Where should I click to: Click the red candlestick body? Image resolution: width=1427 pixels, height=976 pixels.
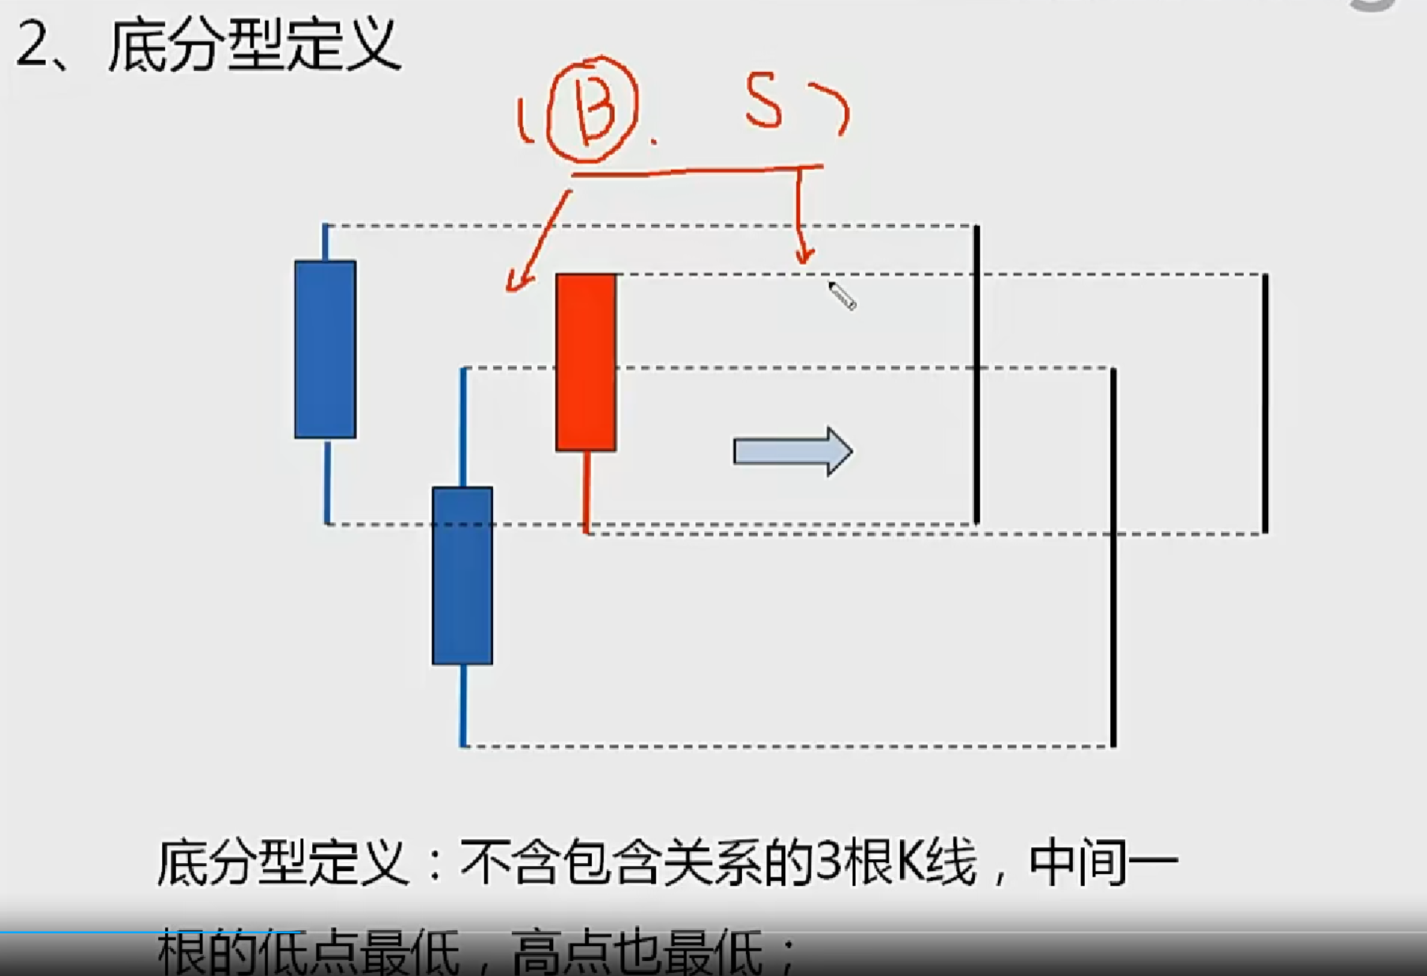[x=585, y=362]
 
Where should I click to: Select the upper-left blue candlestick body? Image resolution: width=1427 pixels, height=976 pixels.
[x=325, y=349]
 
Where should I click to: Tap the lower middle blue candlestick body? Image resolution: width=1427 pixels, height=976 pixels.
[x=462, y=575]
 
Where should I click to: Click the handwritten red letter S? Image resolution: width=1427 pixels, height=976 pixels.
[x=763, y=102]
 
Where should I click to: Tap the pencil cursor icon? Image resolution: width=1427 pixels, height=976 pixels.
[x=842, y=296]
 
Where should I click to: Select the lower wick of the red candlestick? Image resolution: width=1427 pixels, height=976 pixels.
[x=586, y=490]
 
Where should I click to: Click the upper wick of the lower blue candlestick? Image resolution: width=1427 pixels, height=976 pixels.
[x=463, y=427]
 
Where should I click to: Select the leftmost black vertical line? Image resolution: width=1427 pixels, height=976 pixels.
[x=977, y=374]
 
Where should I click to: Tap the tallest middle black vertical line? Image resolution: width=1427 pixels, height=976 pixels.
[x=1113, y=556]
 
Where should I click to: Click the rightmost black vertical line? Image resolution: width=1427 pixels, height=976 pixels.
[x=1265, y=403]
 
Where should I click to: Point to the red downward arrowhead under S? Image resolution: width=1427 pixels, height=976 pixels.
[x=804, y=255]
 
